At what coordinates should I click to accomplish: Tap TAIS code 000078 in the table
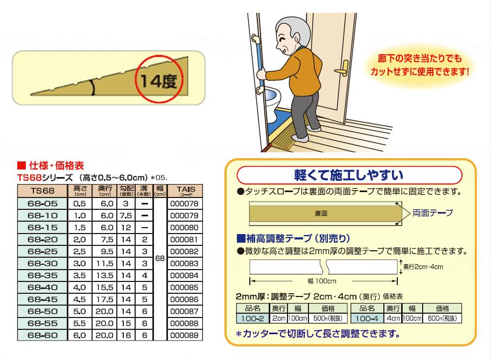[184, 204]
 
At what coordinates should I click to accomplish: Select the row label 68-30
[43, 264]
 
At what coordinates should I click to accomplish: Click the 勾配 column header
[126, 190]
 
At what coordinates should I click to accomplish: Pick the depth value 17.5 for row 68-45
[106, 299]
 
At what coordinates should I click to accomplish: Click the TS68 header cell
[43, 190]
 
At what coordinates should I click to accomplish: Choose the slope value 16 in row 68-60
[126, 335]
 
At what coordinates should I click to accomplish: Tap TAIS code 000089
[184, 335]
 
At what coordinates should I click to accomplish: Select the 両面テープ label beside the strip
[433, 213]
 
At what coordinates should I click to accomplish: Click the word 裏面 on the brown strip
[321, 214]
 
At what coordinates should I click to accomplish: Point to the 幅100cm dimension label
[321, 281]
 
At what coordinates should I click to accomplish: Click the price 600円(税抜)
[442, 319]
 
